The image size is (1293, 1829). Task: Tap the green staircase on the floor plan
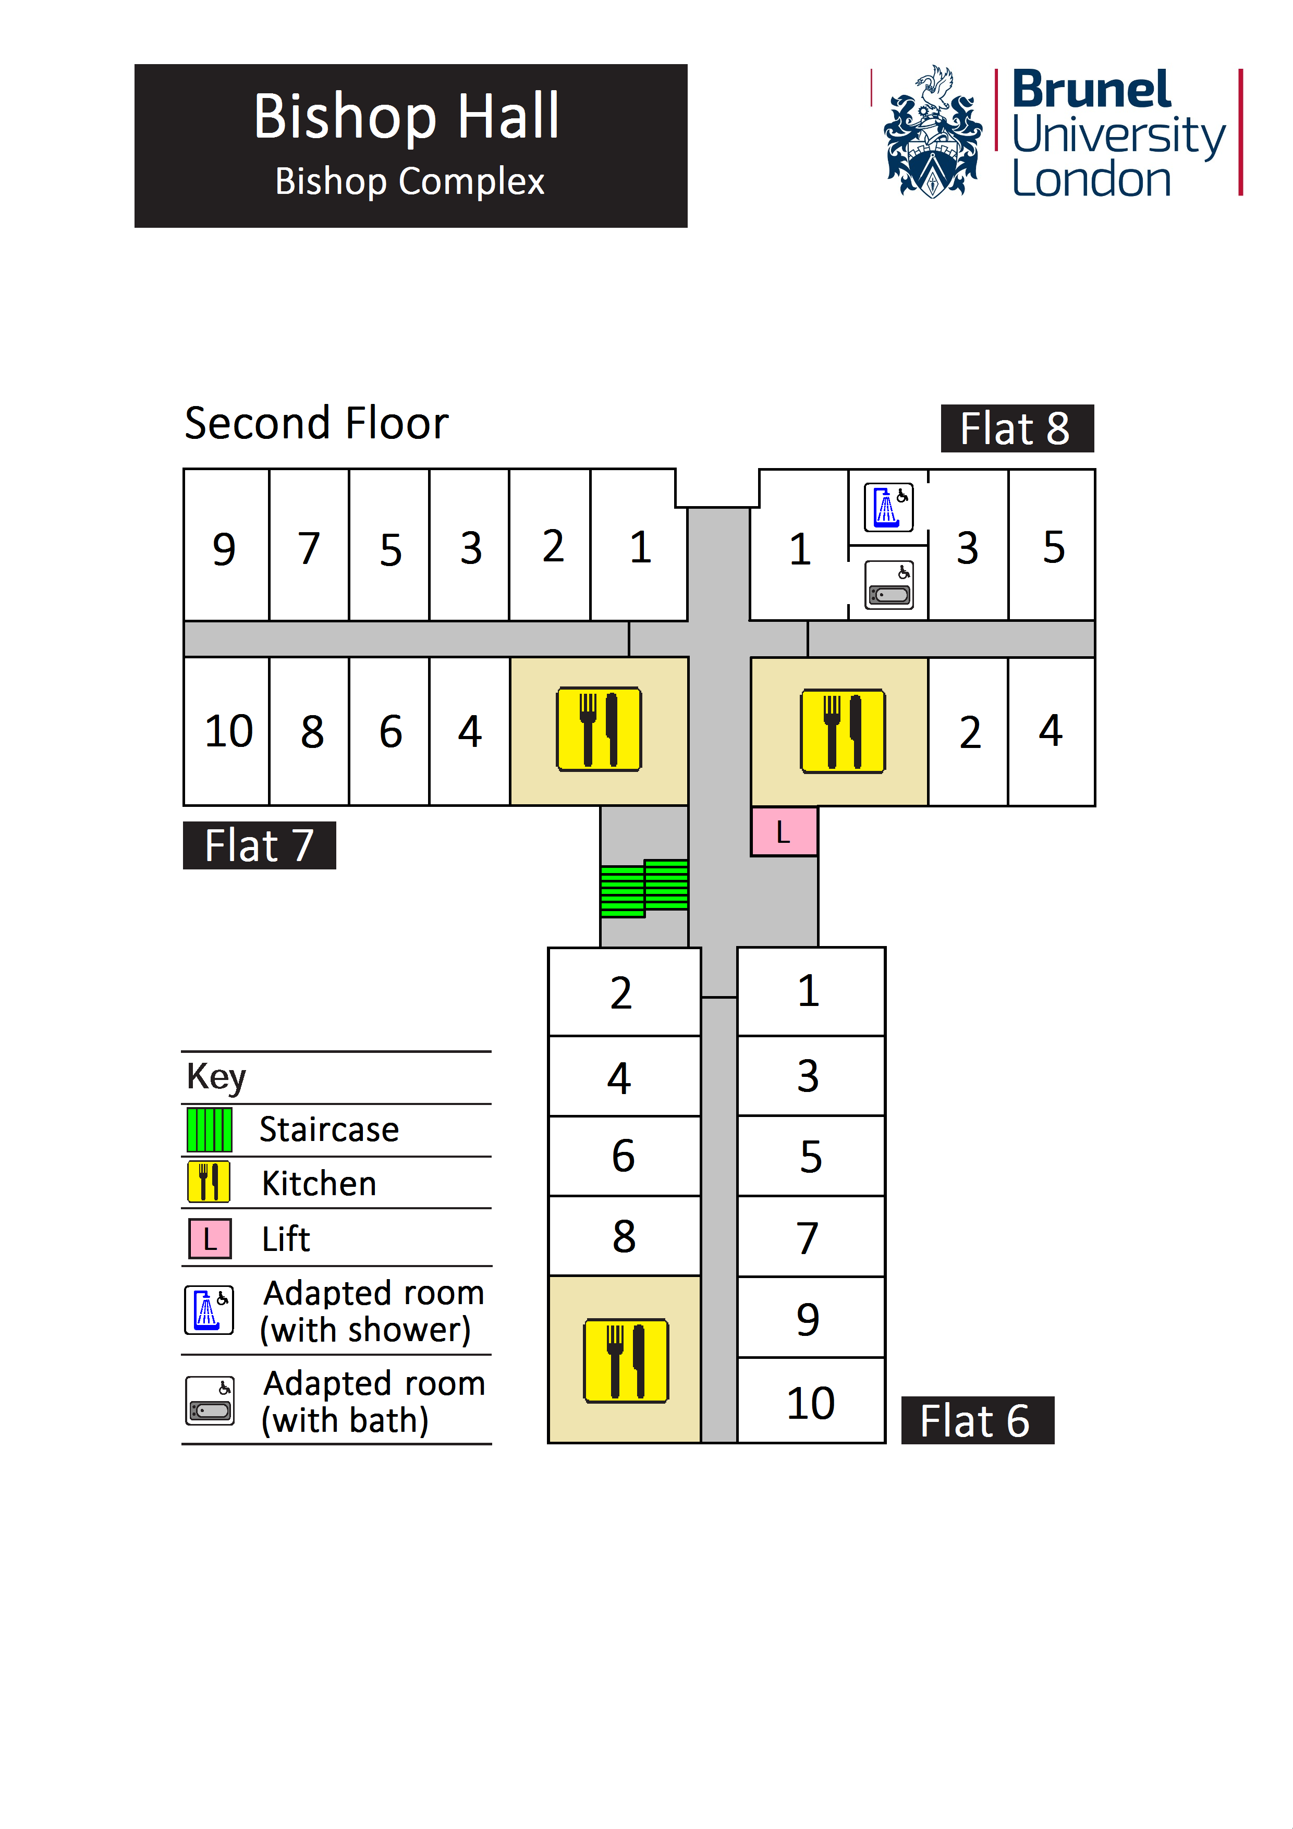644,888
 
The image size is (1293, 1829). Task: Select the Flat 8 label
1017,428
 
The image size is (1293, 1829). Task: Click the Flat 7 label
259,845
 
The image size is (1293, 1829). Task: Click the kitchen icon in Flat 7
599,729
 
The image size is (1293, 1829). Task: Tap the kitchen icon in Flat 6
626,1360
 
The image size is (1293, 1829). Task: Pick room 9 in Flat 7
225,548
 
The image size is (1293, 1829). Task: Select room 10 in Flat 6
810,1403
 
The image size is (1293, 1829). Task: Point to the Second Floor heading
316,423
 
